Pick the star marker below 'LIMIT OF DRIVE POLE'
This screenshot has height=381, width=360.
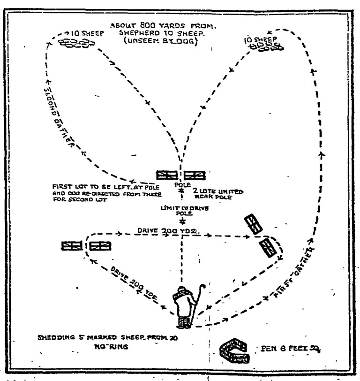(180, 220)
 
